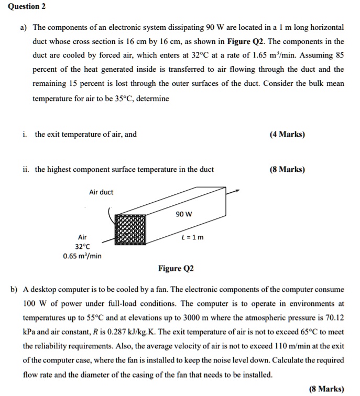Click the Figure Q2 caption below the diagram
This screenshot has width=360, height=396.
(x=176, y=269)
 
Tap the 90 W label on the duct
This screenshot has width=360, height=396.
(x=184, y=214)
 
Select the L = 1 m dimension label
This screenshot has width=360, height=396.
(x=192, y=237)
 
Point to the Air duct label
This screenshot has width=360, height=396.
(x=101, y=192)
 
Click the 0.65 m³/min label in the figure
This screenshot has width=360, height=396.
(x=82, y=256)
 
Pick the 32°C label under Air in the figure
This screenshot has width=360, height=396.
(x=82, y=246)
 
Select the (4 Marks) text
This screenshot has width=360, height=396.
(x=287, y=134)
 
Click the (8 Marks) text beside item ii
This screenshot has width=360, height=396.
(x=287, y=169)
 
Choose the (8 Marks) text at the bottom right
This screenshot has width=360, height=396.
(x=326, y=389)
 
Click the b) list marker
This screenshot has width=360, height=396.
(x=13, y=289)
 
